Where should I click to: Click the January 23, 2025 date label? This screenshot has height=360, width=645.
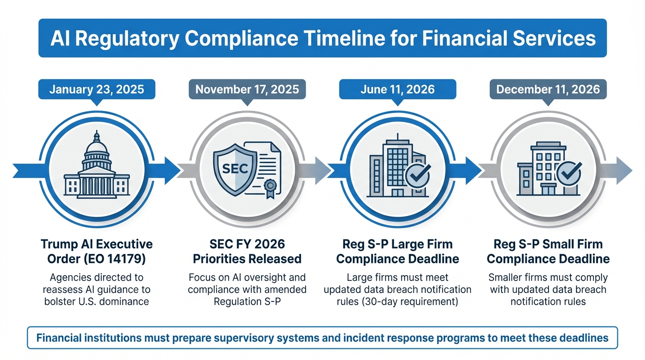[96, 89]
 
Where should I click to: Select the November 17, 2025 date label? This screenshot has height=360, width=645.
[247, 89]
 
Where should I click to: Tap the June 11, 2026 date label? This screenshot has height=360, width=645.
[397, 89]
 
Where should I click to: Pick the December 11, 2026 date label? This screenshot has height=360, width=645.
[548, 89]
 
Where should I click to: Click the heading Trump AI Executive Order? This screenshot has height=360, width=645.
[97, 251]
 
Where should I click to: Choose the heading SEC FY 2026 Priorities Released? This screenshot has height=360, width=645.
[247, 251]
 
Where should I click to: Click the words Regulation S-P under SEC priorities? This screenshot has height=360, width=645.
[247, 301]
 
